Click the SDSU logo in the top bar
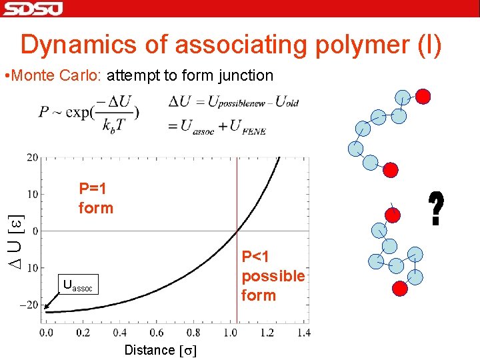[33, 8]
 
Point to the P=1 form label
[95, 198]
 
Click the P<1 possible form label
[273, 276]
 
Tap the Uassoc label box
[79, 285]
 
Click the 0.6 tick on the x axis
[155, 332]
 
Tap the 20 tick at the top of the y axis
[31, 157]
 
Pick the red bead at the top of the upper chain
[422, 96]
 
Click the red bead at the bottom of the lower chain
[399, 288]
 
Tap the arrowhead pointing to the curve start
[46, 307]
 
